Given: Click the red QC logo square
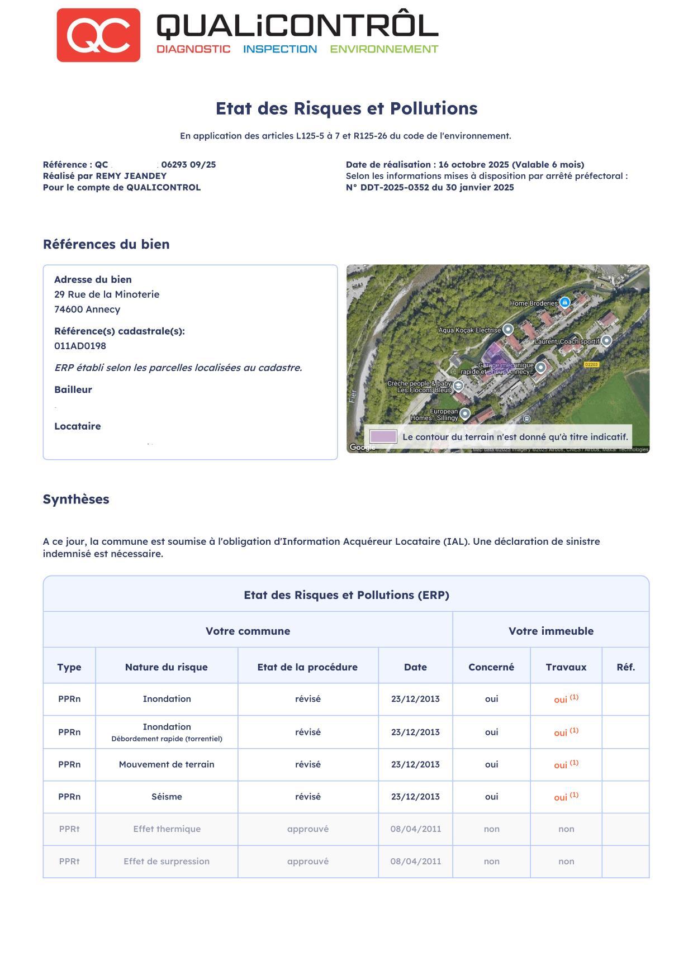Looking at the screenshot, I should pyautogui.click(x=98, y=35).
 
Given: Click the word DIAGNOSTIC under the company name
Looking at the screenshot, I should pyautogui.click(x=193, y=49).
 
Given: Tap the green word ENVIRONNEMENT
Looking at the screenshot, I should pyautogui.click(x=384, y=49).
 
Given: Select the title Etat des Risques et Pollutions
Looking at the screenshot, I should pyautogui.click(x=346, y=108).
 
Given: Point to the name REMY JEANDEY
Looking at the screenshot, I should pyautogui.click(x=131, y=176).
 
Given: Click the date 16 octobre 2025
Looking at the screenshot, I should pyautogui.click(x=473, y=165).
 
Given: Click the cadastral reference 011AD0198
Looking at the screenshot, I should pyautogui.click(x=80, y=346).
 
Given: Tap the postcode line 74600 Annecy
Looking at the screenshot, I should pyautogui.click(x=87, y=310).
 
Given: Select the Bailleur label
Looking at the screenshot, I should pyautogui.click(x=73, y=389).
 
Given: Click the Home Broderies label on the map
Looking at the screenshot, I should pyautogui.click(x=533, y=303).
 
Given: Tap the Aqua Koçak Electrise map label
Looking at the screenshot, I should pyautogui.click(x=469, y=330).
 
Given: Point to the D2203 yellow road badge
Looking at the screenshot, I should pyautogui.click(x=591, y=364).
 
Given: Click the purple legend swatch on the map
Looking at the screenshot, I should pyautogui.click(x=383, y=436).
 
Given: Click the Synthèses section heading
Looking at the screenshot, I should pyautogui.click(x=76, y=499).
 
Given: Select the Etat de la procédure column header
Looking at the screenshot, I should pyautogui.click(x=307, y=667).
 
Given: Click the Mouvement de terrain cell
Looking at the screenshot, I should pyautogui.click(x=167, y=764).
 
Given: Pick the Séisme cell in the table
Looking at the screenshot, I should pyautogui.click(x=167, y=797).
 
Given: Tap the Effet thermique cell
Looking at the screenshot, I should pyautogui.click(x=167, y=829).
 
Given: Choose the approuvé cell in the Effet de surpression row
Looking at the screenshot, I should pyautogui.click(x=307, y=862).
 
